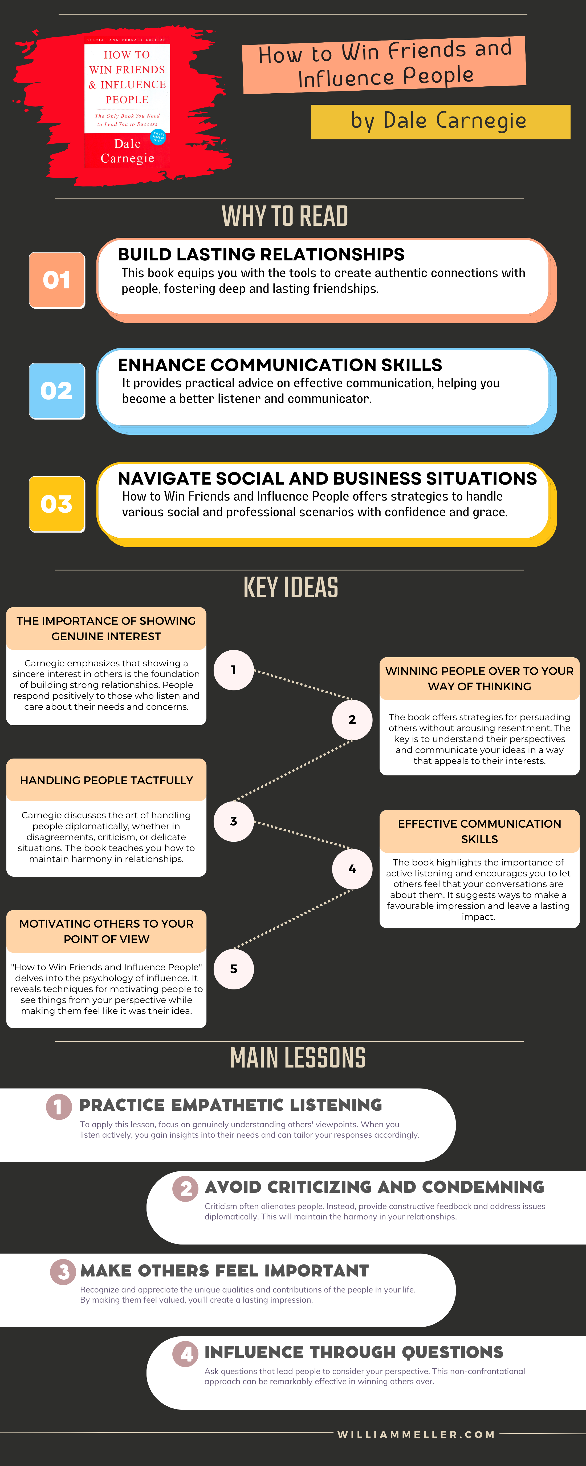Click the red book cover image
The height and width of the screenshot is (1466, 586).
point(127,104)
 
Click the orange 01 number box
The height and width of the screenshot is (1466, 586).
point(57,280)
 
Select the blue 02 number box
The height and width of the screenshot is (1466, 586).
point(57,391)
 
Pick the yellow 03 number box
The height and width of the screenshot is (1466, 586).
point(57,504)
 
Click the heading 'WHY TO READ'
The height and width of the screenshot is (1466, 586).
point(285,216)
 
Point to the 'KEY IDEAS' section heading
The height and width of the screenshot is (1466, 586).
point(291,587)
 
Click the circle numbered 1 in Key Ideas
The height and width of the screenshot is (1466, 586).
point(233,670)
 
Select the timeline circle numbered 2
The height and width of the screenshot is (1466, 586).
point(352,719)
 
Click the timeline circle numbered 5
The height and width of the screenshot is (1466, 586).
point(233,969)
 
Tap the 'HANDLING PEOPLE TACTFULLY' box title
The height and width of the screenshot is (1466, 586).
point(106,780)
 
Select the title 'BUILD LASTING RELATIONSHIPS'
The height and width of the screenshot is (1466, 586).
point(261,254)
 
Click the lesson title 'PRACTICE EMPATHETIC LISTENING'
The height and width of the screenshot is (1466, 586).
point(230,1105)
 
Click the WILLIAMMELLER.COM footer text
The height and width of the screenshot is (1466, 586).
point(416,1435)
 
